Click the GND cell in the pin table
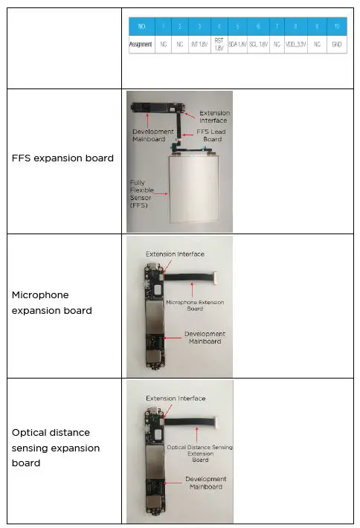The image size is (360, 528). (338, 44)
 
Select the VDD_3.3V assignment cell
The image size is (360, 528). (297, 44)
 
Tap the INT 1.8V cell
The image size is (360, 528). (199, 44)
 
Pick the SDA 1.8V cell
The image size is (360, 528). (238, 44)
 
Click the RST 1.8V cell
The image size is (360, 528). (219, 44)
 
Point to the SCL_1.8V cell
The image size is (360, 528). (258, 44)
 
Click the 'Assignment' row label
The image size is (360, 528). (141, 44)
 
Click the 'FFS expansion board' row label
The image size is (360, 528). (63, 158)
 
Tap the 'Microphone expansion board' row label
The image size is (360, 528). (52, 303)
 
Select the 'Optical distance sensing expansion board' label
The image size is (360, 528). (56, 448)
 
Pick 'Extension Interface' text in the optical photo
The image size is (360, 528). (175, 399)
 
